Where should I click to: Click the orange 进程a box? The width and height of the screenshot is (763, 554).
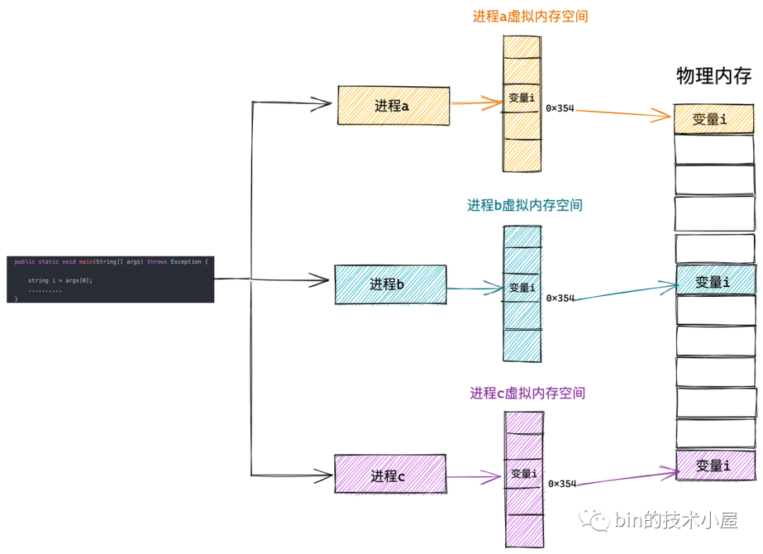394,106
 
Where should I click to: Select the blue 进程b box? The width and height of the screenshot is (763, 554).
390,285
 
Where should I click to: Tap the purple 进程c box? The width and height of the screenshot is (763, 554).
389,474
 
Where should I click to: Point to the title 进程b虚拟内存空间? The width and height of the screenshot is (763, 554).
525,206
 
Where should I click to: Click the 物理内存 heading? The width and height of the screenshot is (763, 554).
714,76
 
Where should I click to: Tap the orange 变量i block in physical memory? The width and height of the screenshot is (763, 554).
714,119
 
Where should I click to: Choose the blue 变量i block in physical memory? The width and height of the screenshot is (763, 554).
714,281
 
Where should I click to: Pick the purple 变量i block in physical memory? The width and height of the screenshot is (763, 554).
714,466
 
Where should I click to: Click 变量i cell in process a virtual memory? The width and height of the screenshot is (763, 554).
522,98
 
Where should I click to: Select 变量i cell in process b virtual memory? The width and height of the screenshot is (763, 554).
522,288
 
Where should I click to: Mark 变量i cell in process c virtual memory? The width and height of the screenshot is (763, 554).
524,473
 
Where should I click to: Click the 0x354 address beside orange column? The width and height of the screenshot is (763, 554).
560,109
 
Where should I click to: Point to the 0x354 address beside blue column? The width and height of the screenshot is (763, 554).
560,298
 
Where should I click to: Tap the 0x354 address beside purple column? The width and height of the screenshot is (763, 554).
562,484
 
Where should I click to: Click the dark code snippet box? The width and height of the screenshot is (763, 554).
110,279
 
